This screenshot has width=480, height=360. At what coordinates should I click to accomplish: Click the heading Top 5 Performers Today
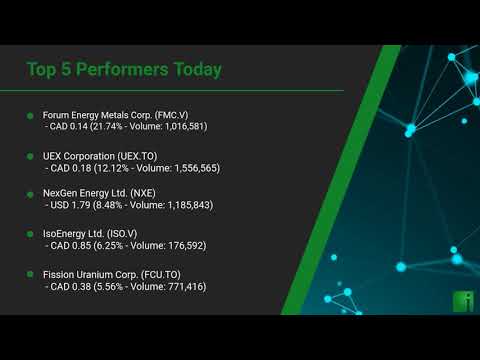click(124, 69)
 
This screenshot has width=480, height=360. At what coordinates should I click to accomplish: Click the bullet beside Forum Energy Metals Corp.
click(31, 116)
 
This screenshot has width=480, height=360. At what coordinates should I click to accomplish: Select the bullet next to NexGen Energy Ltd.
click(31, 193)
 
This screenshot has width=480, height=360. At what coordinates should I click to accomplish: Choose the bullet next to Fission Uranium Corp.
click(31, 273)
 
